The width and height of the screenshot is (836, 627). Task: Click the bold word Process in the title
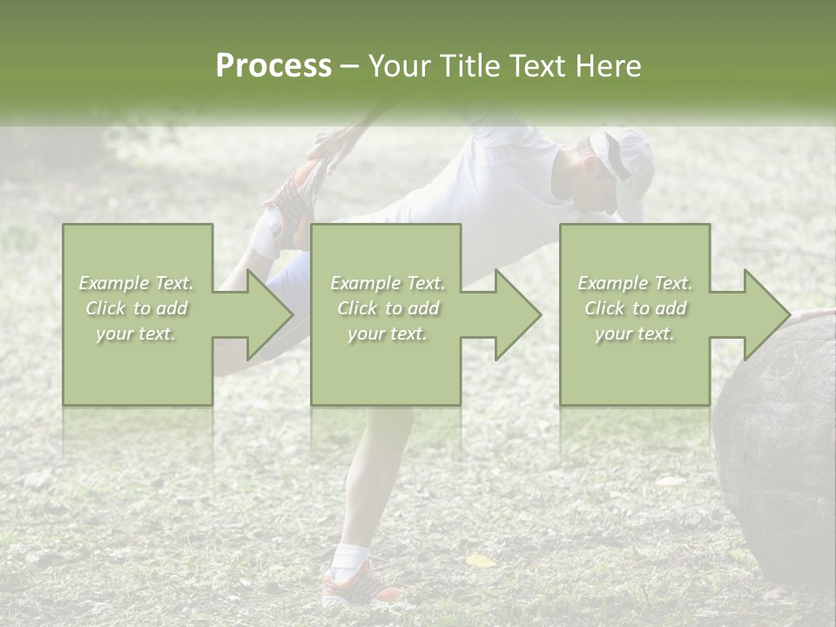[273, 66]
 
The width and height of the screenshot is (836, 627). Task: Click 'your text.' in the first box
[136, 334]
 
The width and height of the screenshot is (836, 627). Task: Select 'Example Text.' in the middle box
[387, 283]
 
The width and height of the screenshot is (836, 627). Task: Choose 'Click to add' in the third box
[635, 308]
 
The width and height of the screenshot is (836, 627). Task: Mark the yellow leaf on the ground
[480, 561]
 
